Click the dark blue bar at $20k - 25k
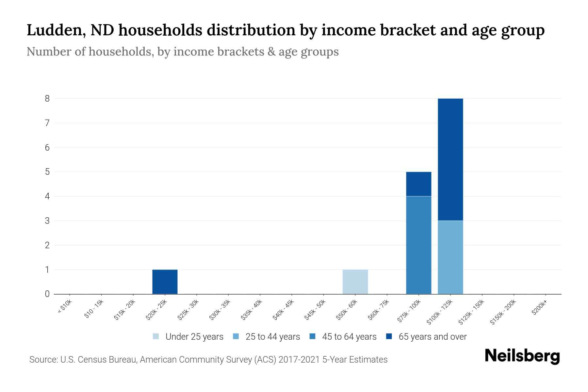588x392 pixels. click(165, 282)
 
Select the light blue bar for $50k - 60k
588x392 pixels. click(355, 282)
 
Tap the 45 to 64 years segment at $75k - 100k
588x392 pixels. click(418, 245)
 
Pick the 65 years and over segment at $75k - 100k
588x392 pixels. click(418, 184)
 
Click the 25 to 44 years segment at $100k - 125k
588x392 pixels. click(450, 257)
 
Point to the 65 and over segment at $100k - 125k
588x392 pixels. click(450, 159)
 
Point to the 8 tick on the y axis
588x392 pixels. click(47, 98)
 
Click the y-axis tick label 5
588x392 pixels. click(47, 172)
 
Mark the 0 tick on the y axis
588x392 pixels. click(47, 294)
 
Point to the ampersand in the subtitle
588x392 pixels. click(271, 52)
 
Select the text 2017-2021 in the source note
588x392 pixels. click(300, 360)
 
